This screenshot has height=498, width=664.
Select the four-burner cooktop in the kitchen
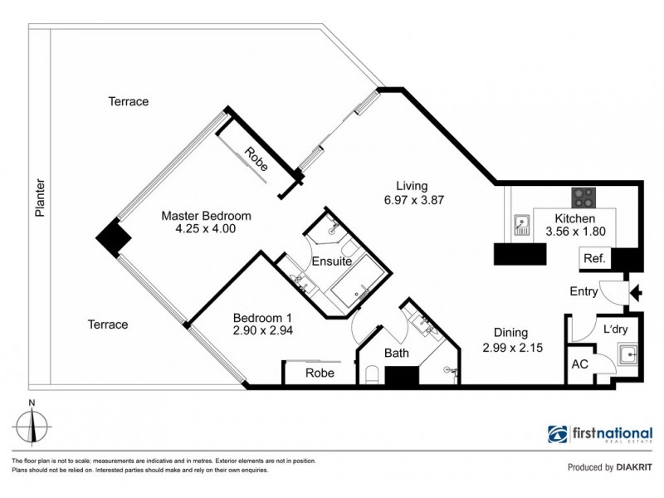click(x=583, y=198)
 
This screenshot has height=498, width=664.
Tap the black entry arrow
click(x=637, y=291)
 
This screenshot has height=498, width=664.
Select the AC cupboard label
click(x=579, y=364)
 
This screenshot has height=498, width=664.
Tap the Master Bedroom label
click(x=206, y=216)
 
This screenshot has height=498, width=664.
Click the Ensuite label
click(x=331, y=261)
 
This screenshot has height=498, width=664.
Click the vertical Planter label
click(x=39, y=198)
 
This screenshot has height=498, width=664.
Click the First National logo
click(x=599, y=434)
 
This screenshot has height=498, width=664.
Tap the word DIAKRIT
click(x=634, y=467)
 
